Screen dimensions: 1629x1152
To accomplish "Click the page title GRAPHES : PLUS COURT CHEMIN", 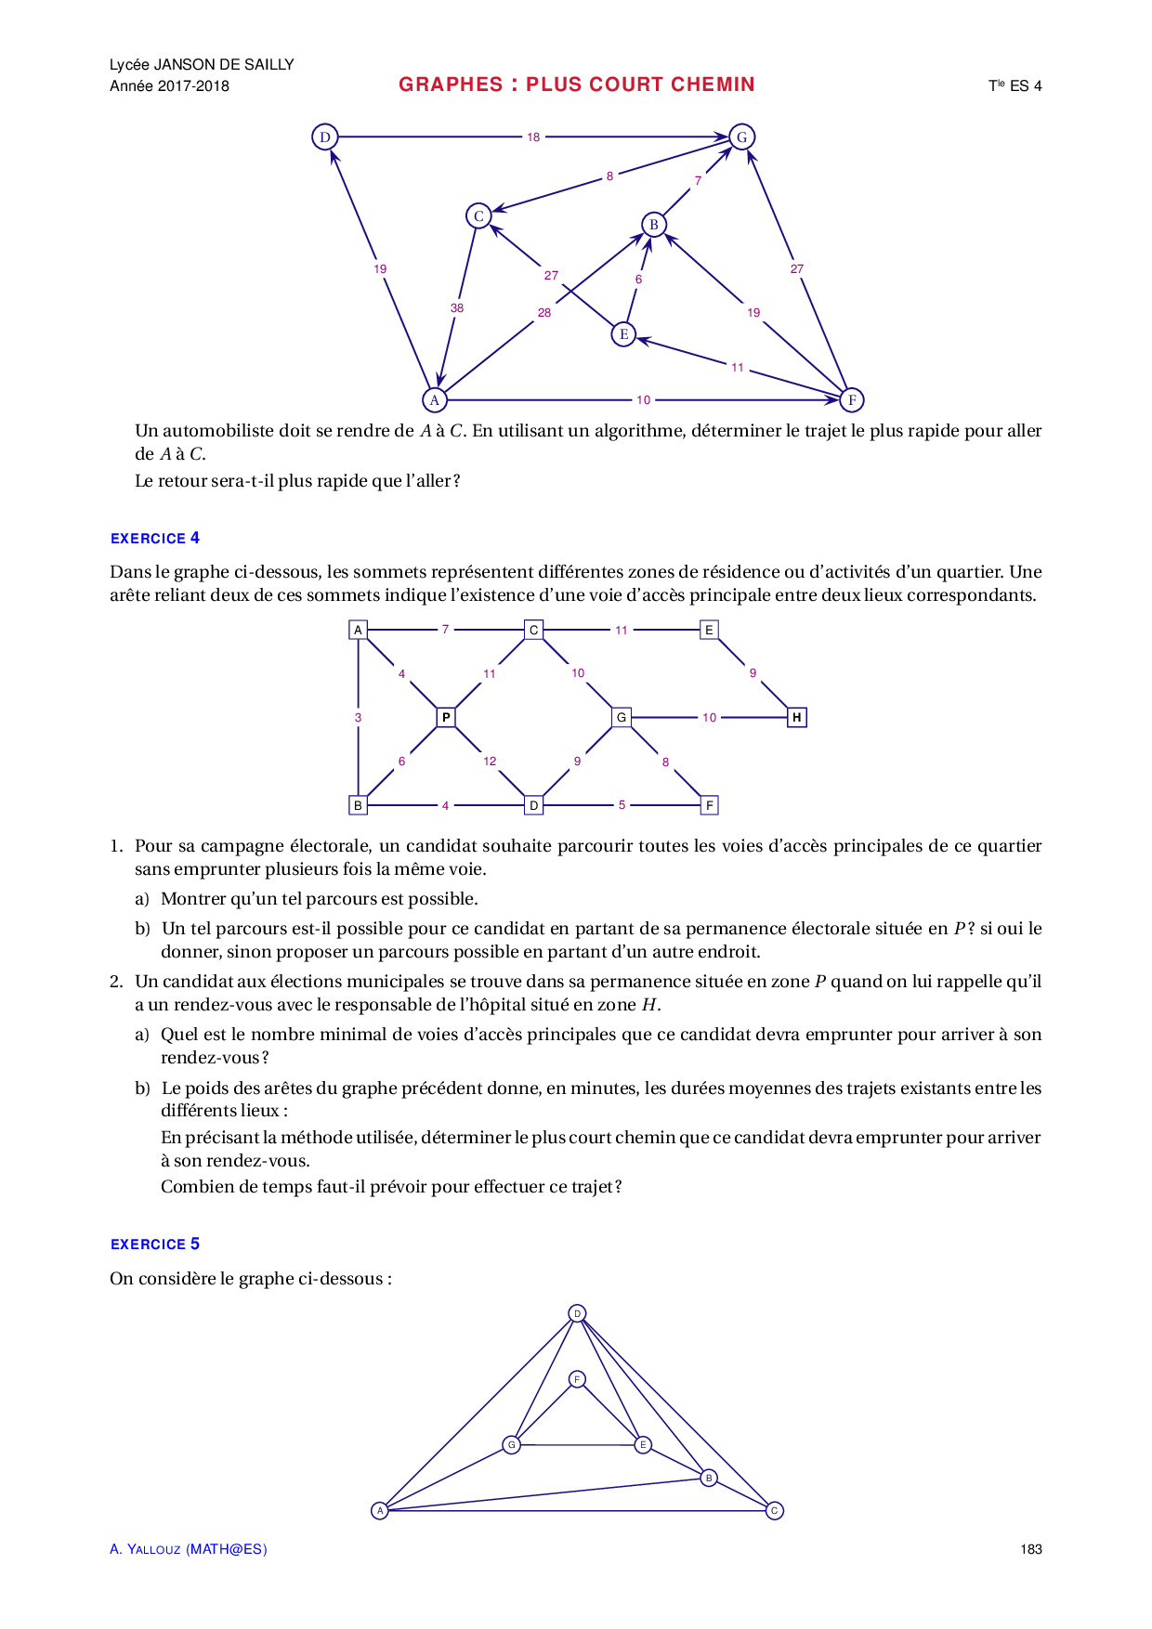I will (x=576, y=85).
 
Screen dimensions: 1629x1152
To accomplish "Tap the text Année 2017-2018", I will (x=169, y=86).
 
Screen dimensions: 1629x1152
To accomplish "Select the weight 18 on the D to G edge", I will (x=533, y=137).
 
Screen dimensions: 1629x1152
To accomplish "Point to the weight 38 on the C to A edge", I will (x=457, y=308).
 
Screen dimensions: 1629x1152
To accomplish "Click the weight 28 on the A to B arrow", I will (x=544, y=313).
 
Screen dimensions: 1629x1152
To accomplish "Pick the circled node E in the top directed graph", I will (x=623, y=334).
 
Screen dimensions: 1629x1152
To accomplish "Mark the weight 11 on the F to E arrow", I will (x=738, y=368).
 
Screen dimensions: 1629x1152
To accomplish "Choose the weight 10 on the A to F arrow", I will (x=644, y=400).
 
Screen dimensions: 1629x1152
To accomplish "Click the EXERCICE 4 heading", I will (x=155, y=539).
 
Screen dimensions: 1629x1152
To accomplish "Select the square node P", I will (x=446, y=717).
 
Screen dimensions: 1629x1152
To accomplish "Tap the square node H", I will (x=796, y=717).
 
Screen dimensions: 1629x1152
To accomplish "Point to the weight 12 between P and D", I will (x=490, y=762).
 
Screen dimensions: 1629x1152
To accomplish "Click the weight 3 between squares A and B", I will (x=359, y=718).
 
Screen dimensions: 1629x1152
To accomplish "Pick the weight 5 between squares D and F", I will (x=622, y=805).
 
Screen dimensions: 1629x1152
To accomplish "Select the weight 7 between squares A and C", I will (x=446, y=630).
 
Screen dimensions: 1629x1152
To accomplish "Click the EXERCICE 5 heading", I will (x=155, y=1245).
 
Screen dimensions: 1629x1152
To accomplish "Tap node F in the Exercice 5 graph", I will (x=577, y=1379).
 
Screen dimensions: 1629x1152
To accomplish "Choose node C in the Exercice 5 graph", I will (x=774, y=1511).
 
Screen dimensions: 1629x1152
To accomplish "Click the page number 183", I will (x=1030, y=1549).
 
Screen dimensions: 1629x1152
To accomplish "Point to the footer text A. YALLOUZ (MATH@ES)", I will (x=189, y=1549).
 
